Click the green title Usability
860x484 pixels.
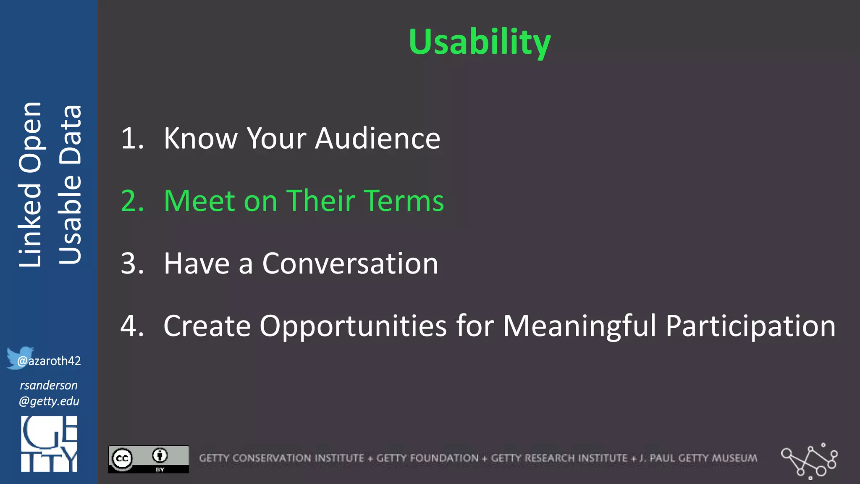click(479, 42)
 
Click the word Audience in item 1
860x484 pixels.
click(378, 138)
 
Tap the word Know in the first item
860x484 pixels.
click(200, 138)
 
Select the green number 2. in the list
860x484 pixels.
click(132, 201)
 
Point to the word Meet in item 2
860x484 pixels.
click(199, 201)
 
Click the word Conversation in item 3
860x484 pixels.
click(350, 264)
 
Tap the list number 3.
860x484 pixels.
click(132, 264)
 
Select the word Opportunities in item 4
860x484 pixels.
click(353, 326)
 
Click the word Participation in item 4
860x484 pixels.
click(750, 326)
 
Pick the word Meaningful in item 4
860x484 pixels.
click(579, 326)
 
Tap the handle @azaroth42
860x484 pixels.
click(49, 361)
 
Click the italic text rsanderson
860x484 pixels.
click(49, 385)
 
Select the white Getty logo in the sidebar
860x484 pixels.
click(49, 444)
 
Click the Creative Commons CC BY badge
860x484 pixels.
click(148, 459)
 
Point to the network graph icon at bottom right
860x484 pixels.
click(809, 460)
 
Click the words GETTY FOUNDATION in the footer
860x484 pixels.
click(427, 458)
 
